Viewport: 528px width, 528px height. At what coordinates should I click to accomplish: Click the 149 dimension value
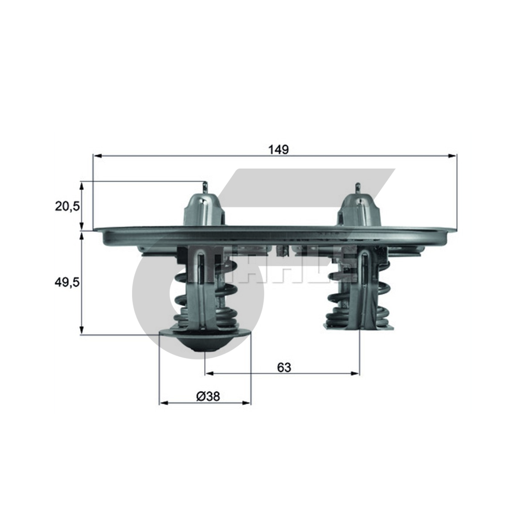[x=279, y=150]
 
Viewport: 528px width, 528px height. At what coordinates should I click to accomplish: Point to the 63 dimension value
[x=284, y=367]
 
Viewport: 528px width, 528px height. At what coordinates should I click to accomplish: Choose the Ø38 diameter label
[x=208, y=396]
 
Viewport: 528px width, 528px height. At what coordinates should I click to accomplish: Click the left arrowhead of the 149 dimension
[x=98, y=156]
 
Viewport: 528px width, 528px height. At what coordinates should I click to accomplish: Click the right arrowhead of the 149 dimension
[x=452, y=156]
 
